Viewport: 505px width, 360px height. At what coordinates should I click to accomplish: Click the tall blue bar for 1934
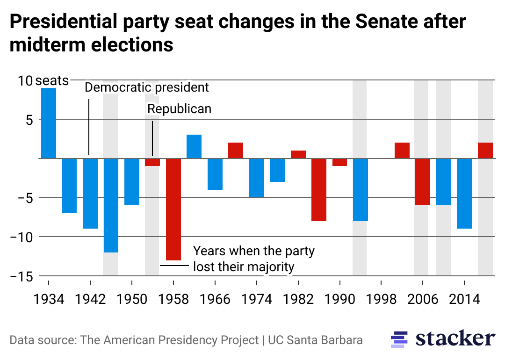coord(49,123)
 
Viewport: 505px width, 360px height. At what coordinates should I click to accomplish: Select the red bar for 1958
coord(173,209)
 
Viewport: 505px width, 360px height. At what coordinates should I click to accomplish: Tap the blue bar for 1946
coord(111,205)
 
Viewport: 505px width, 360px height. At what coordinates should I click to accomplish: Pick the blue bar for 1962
coord(194,146)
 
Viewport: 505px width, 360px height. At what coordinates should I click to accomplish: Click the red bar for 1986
coord(319,189)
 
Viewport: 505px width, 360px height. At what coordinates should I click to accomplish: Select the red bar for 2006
coord(422,181)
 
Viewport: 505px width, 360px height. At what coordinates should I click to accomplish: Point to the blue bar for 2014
coord(464,193)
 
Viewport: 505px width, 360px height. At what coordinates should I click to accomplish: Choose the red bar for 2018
coord(485,150)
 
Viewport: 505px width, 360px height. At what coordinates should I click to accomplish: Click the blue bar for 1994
coord(360,189)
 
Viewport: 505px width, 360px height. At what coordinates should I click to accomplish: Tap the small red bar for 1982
coord(298,154)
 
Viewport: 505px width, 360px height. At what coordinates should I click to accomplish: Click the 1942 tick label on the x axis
coord(90,299)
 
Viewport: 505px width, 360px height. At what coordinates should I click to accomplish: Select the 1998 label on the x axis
coord(381,299)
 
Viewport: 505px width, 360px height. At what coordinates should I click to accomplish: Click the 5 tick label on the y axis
coord(29,119)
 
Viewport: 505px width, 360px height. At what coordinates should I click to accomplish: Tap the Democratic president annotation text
coord(147,87)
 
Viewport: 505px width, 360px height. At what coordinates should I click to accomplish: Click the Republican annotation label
coord(179,109)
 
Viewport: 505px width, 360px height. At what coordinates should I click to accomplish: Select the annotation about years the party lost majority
coord(253,259)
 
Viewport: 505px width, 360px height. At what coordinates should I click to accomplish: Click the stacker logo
coord(442,338)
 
